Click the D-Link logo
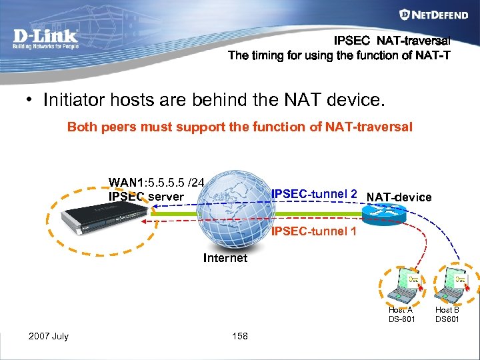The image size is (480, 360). (x=46, y=39)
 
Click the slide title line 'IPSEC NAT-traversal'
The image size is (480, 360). (x=392, y=41)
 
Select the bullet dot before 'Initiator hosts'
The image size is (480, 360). (x=30, y=101)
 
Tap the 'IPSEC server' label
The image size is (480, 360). (x=146, y=196)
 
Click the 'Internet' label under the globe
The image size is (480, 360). (x=225, y=258)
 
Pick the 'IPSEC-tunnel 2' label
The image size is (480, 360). (x=314, y=194)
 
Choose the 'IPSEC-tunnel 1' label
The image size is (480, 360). (x=314, y=231)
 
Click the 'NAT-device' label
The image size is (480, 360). (x=399, y=197)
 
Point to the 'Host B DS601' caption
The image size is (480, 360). (x=447, y=315)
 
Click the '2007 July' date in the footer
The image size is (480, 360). (x=48, y=336)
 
